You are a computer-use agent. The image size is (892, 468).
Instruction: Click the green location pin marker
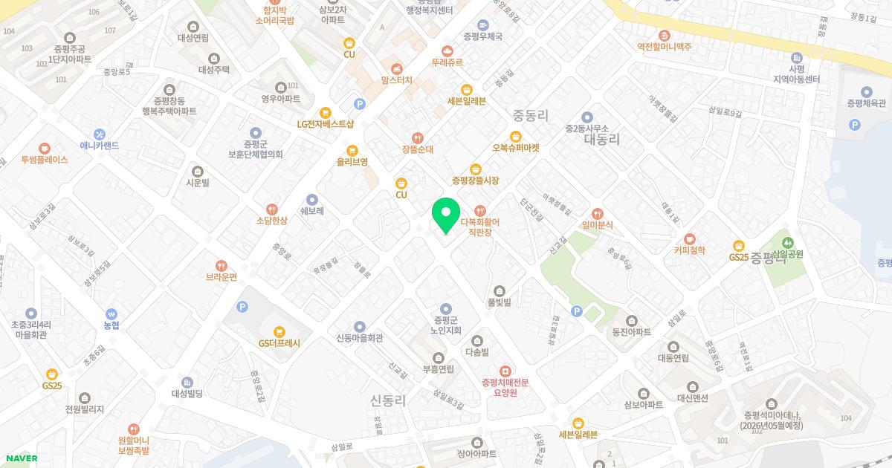point(446,215)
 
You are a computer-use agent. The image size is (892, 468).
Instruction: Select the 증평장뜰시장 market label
point(475,181)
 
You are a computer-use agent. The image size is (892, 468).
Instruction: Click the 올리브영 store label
point(352,161)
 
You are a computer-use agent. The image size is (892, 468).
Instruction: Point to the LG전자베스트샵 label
point(326,124)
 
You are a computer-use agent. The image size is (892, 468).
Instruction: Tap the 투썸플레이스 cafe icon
point(45,149)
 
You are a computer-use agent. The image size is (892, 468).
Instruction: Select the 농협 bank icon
point(111,313)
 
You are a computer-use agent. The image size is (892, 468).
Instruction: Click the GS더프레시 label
point(279,343)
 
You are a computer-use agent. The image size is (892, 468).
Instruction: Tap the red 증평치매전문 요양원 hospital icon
point(505,371)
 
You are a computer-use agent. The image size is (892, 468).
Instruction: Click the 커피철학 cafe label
point(690,250)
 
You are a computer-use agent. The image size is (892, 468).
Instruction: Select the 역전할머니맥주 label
point(664,46)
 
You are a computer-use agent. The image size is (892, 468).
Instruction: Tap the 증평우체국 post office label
point(482,36)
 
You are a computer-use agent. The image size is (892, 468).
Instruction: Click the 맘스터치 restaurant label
point(396,79)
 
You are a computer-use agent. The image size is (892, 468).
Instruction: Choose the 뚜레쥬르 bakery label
point(447,63)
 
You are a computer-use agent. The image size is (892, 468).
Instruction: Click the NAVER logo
point(22,458)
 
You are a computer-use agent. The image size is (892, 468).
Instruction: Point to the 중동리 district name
point(530,115)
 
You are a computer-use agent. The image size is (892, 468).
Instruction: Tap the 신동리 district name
point(388,400)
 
